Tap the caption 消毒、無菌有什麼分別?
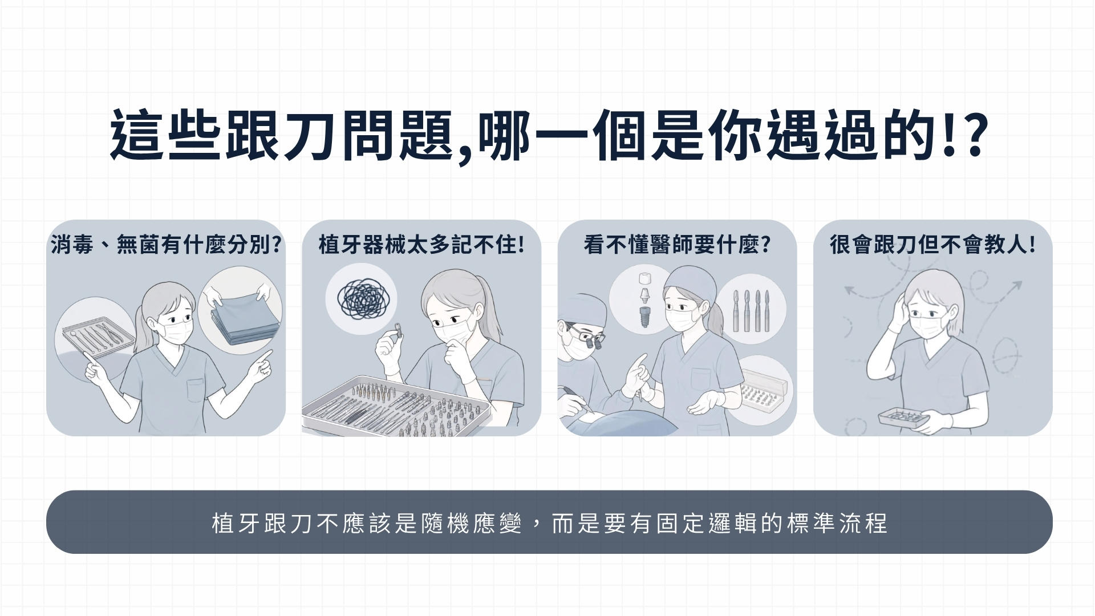pos(166,245)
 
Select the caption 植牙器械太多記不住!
pos(421,245)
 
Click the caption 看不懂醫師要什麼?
pos(677,245)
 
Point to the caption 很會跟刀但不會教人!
pos(932,245)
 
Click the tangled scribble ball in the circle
pos(361,299)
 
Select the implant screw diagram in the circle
pos(644,299)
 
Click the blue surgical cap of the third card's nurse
pos(687,284)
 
